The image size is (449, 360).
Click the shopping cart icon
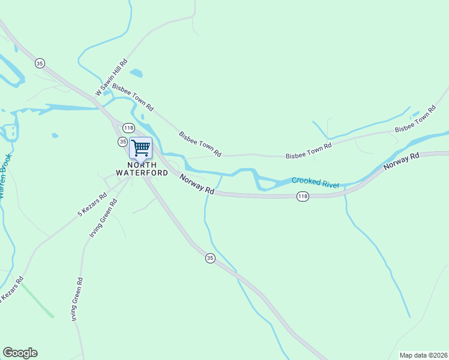[x=140, y=147]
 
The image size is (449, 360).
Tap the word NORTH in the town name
[x=142, y=164]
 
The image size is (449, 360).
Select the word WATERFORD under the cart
[x=142, y=173]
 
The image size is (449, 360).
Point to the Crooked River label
[x=315, y=182]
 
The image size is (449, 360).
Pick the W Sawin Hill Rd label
[x=112, y=78]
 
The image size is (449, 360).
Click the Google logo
[x=20, y=353]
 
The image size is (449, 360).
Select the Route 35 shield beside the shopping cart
[x=122, y=142]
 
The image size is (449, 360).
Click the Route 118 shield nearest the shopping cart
[x=128, y=128]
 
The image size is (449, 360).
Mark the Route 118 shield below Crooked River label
[x=303, y=196]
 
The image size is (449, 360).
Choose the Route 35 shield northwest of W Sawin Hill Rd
[x=40, y=63]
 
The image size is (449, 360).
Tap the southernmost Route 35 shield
[x=209, y=258]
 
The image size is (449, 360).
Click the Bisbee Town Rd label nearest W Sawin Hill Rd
[x=133, y=98]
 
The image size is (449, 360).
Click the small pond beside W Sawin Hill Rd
[x=136, y=73]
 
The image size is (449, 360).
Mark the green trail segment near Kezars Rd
[x=37, y=300]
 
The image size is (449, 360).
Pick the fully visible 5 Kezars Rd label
[x=92, y=205]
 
